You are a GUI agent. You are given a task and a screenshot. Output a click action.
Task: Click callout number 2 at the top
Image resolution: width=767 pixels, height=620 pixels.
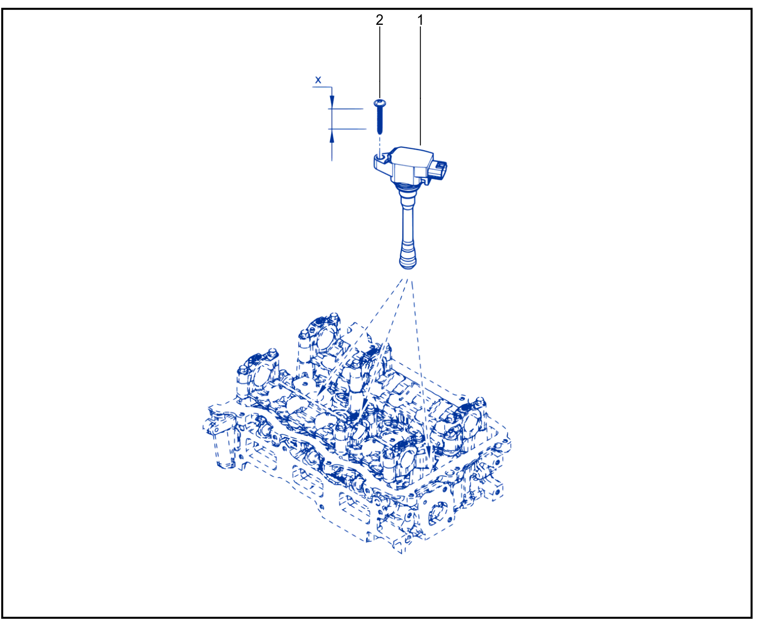[379, 20]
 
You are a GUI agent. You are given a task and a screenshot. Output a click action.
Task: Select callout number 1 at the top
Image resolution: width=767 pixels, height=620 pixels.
[420, 20]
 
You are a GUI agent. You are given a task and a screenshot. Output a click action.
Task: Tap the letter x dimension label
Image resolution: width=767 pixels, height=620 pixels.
[318, 79]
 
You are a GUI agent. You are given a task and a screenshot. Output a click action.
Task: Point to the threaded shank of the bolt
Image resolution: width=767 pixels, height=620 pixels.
[380, 121]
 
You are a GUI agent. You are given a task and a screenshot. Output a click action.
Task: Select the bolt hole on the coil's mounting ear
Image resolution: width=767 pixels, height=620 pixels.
[380, 158]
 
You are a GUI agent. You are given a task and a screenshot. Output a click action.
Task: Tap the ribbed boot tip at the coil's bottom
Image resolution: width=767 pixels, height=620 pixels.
[408, 256]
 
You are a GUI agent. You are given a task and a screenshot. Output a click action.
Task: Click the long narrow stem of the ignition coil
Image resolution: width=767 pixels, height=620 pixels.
[408, 216]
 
